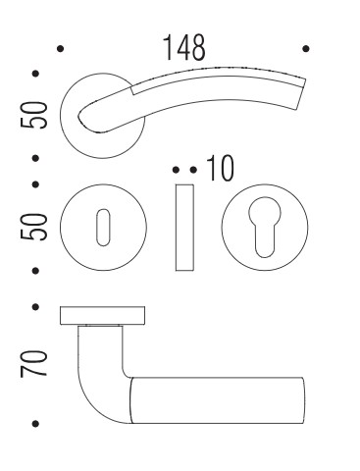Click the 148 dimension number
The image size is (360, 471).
pos(184,48)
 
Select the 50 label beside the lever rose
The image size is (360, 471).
pos(33,116)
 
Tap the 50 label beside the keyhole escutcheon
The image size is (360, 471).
pos(33,227)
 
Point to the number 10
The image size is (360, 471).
pos(221,169)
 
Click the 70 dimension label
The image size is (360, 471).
pos(33,364)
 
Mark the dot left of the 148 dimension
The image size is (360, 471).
pos(60,49)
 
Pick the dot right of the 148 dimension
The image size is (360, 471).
pos(306,49)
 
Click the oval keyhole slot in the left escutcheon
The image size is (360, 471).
pos(103,228)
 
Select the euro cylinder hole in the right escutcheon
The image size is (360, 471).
pos(265,227)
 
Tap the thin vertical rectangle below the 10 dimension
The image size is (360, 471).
pos(184,228)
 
